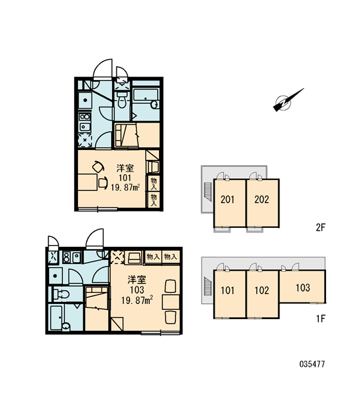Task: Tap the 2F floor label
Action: pos(320,227)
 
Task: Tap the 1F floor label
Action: pos(320,319)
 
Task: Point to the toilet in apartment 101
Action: pos(122,100)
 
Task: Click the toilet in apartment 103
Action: pos(61,294)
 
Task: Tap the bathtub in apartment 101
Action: pos(146,98)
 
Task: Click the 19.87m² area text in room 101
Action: pos(125,187)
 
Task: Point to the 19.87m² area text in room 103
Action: pos(137,300)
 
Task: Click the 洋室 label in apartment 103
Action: pos(137,280)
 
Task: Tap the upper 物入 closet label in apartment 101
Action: pos(154,183)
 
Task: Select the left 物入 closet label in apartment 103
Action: pos(153,257)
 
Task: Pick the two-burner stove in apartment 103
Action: pos(66,257)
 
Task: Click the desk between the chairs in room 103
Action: pos(171,302)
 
